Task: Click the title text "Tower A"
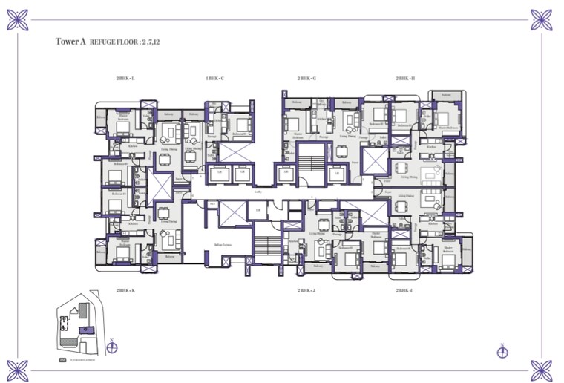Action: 70,42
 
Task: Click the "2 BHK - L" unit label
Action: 125,78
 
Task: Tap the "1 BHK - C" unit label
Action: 215,78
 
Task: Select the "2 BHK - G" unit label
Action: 307,78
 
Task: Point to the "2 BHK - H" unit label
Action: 405,78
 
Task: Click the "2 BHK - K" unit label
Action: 125,290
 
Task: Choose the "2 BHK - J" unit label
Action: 307,290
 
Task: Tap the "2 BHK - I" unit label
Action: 405,290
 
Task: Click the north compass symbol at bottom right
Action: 502,350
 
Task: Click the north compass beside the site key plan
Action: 111,345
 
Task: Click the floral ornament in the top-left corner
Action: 18,18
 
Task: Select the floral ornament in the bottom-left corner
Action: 18,369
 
